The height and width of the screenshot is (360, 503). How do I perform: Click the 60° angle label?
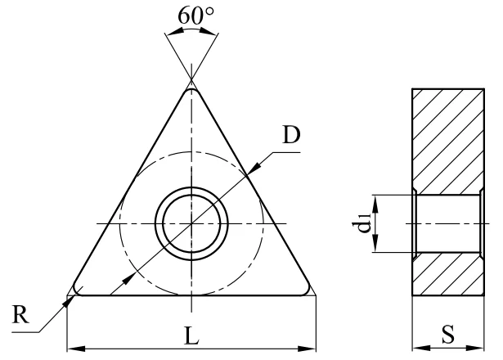pyautogui.click(x=195, y=16)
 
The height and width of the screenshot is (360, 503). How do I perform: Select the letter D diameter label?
pyautogui.click(x=291, y=135)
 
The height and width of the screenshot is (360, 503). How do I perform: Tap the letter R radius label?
pyautogui.click(x=20, y=314)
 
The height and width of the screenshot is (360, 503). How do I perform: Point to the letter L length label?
pyautogui.click(x=192, y=335)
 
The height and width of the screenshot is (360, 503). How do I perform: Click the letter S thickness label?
pyautogui.click(x=448, y=334)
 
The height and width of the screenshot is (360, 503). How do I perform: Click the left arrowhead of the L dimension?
pyautogui.click(x=76, y=349)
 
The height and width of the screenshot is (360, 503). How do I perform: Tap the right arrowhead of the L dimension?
pyautogui.click(x=307, y=349)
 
